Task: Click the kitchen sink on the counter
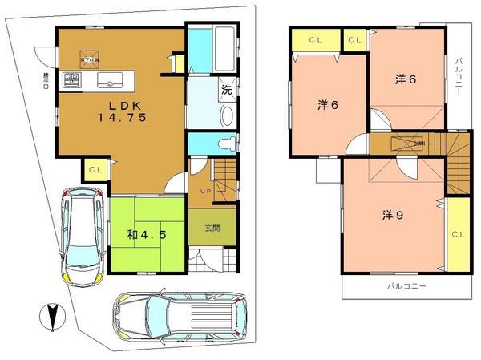coord(107,81)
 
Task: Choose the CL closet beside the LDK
coord(95,170)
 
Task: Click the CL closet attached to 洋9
coord(458,235)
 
